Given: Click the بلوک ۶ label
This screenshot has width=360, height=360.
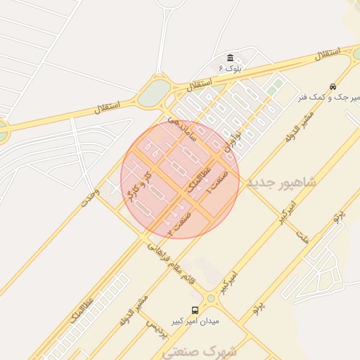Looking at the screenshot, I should (x=229, y=68).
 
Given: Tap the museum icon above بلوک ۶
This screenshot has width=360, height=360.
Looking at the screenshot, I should (x=230, y=58).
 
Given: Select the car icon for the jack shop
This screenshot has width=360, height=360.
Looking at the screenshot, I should (x=333, y=86).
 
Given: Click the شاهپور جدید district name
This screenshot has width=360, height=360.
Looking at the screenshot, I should (x=281, y=182).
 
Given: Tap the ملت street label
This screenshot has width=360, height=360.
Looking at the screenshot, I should (x=303, y=236).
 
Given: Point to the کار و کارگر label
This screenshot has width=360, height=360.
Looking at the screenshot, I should (x=138, y=183).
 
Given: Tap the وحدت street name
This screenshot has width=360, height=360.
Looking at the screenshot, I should (x=90, y=198).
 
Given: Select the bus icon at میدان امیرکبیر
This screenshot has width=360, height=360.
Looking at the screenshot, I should (x=195, y=310).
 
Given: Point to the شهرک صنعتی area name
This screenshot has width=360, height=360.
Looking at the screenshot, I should (x=210, y=349).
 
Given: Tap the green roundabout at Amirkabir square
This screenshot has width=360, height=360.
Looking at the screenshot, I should (x=211, y=299).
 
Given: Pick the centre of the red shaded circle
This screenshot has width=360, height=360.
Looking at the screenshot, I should (x=180, y=179).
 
